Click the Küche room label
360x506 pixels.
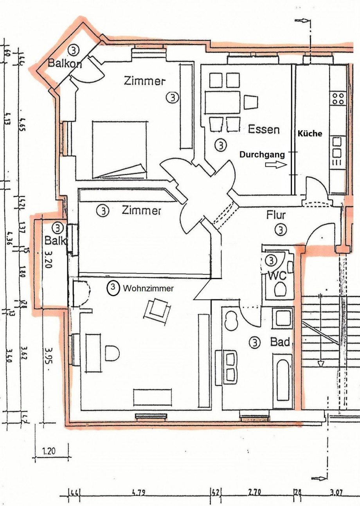coord(310,133)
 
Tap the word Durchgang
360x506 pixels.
coord(262,155)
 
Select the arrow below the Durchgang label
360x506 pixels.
coord(276,166)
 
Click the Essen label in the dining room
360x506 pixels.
coord(264,129)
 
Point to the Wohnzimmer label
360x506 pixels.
coord(148,288)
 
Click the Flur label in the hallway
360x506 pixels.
coord(276,215)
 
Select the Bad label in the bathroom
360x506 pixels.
coord(281,342)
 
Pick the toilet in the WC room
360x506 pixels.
coord(280,290)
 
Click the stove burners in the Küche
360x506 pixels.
coord(338,98)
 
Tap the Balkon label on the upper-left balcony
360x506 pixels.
coord(65,63)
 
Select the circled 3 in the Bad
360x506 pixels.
coord(254,343)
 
